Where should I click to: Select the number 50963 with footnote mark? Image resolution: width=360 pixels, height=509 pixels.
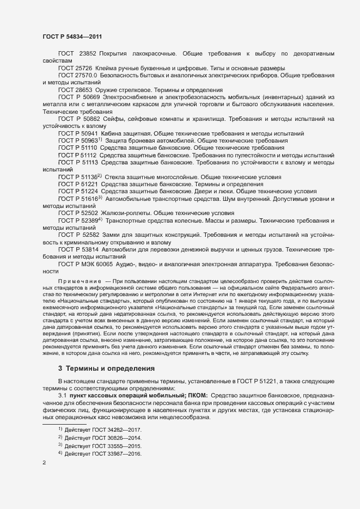click(x=89, y=140)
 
